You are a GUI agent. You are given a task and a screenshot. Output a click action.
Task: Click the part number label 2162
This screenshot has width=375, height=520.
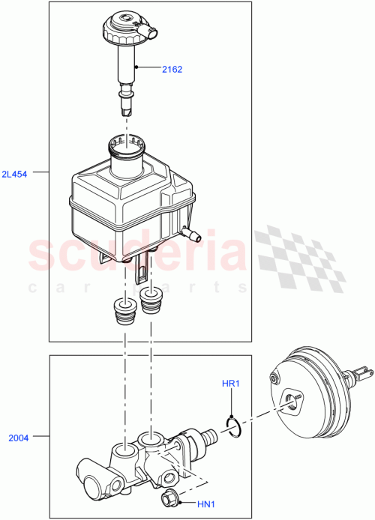172,69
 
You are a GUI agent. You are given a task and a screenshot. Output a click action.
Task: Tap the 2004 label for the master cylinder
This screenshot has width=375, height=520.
18,438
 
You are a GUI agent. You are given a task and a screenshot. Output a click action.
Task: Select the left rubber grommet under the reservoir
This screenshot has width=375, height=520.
122,310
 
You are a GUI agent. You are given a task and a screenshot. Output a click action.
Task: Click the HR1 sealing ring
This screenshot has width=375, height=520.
233,426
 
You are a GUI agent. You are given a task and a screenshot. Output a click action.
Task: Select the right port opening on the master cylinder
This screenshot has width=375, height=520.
154,438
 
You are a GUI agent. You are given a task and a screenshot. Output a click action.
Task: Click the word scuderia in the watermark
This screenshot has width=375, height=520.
135,255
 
